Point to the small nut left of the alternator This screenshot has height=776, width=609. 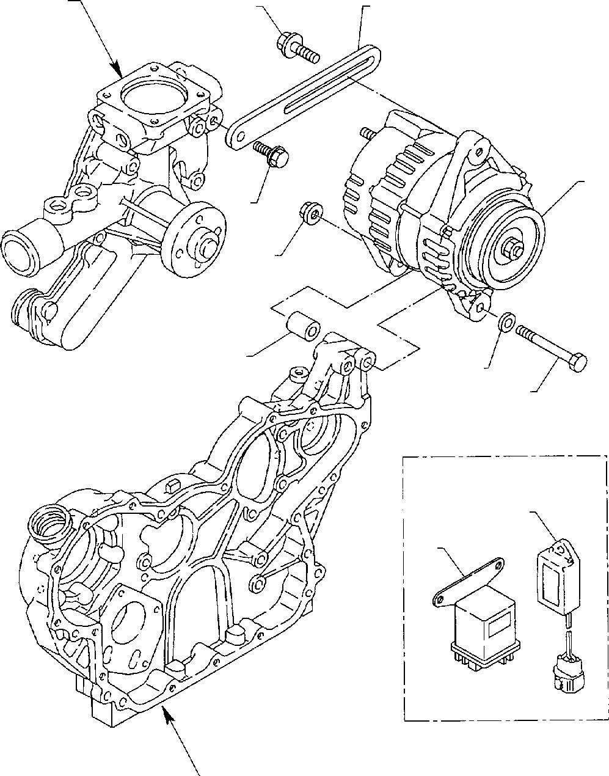[x=310, y=214]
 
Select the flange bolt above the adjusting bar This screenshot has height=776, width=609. [x=296, y=48]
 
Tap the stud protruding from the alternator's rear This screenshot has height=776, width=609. [x=367, y=133]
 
